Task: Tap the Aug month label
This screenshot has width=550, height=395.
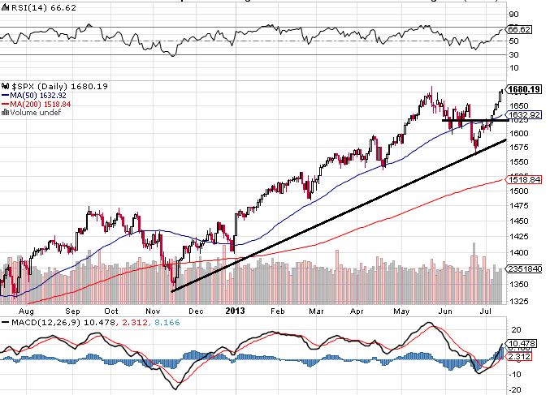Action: (27, 311)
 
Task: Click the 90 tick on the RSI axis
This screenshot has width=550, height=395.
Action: (513, 15)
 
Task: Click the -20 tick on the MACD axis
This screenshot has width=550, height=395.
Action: (514, 389)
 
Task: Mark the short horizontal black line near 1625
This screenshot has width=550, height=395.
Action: (474, 120)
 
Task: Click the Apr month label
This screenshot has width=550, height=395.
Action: (355, 311)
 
